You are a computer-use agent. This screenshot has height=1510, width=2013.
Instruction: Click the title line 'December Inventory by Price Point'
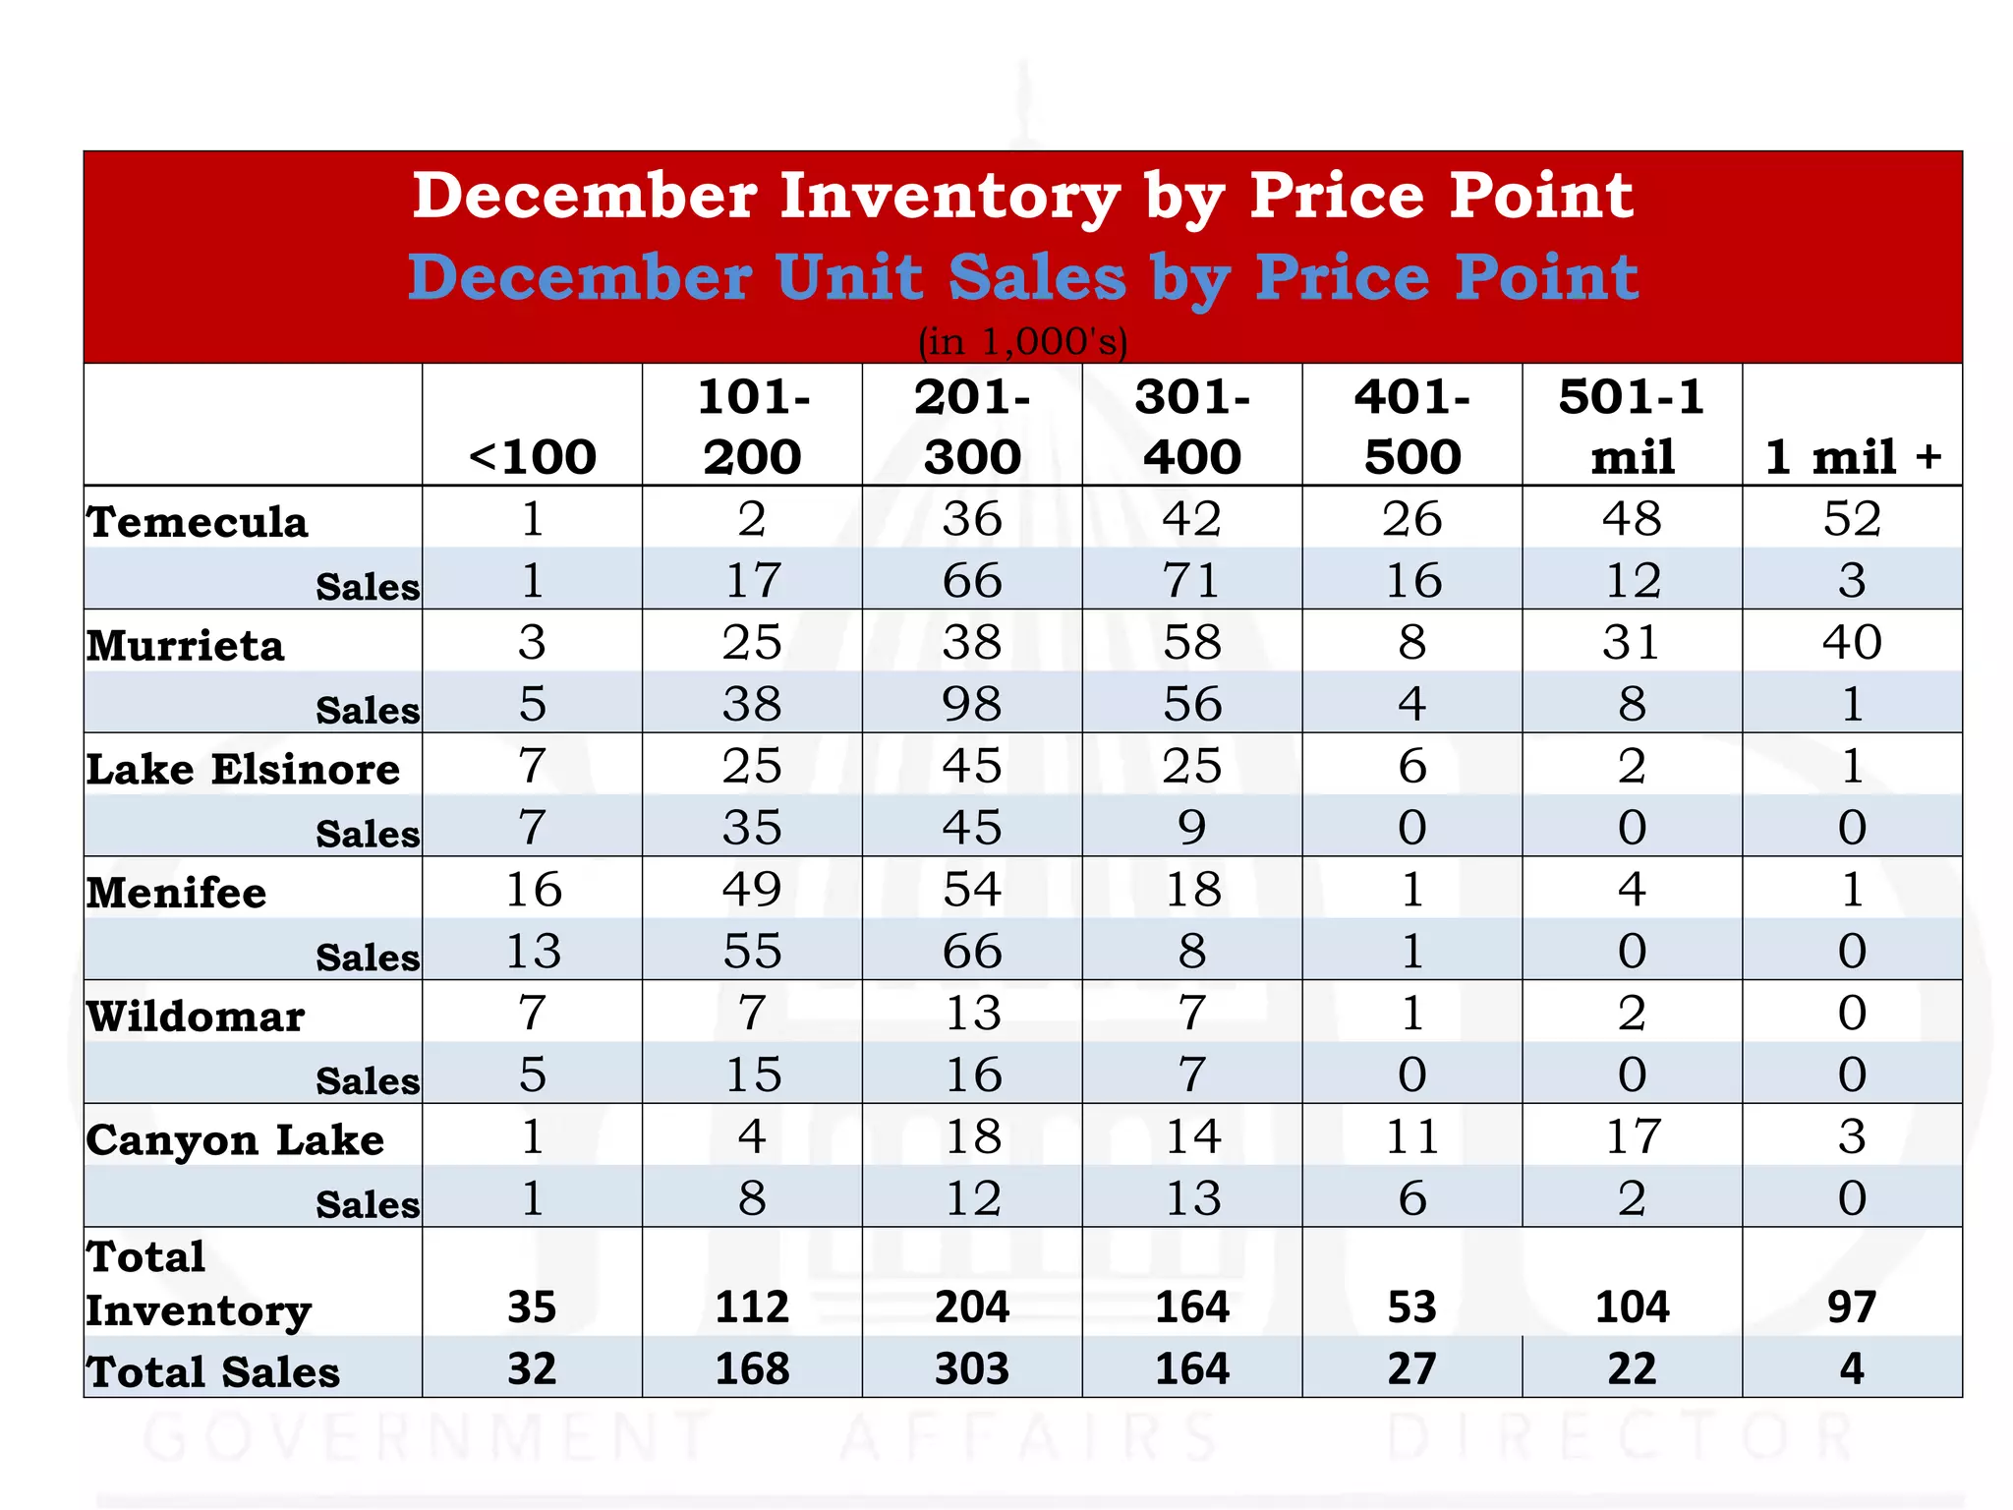tap(1022, 196)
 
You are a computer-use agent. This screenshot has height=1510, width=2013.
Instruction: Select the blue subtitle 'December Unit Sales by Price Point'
tap(1022, 277)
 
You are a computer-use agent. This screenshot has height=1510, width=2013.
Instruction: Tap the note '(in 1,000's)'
tap(1022, 341)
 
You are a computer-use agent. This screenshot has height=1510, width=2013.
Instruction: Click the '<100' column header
tap(532, 457)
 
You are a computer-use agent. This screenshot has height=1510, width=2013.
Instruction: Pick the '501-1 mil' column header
tap(1632, 427)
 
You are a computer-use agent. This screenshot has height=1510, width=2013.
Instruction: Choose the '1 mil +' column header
tap(1853, 457)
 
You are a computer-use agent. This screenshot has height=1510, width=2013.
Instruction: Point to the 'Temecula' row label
tap(198, 521)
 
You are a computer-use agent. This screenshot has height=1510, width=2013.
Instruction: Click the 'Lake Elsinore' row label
tap(243, 769)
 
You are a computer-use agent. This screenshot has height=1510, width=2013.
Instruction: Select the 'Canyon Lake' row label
tap(235, 1139)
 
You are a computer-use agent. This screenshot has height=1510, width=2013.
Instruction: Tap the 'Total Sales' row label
tap(212, 1371)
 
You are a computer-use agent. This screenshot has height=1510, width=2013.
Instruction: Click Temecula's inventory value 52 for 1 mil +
tap(1852, 518)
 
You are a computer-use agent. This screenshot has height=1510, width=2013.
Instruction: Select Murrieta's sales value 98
tap(972, 704)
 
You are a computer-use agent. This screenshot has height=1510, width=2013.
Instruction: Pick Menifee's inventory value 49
tap(752, 889)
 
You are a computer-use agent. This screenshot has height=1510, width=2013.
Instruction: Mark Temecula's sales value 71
tap(1191, 580)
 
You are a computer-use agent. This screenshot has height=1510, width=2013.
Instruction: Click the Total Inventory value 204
tap(972, 1307)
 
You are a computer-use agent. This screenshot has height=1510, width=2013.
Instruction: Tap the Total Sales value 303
tap(972, 1368)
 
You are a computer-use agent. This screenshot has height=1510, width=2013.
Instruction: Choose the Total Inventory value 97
tap(1852, 1307)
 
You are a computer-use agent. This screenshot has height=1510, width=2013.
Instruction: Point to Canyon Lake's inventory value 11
tap(1412, 1136)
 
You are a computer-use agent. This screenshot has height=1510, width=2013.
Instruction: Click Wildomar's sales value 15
tap(752, 1074)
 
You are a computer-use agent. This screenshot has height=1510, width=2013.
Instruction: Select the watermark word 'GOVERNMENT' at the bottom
tap(430, 1437)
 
